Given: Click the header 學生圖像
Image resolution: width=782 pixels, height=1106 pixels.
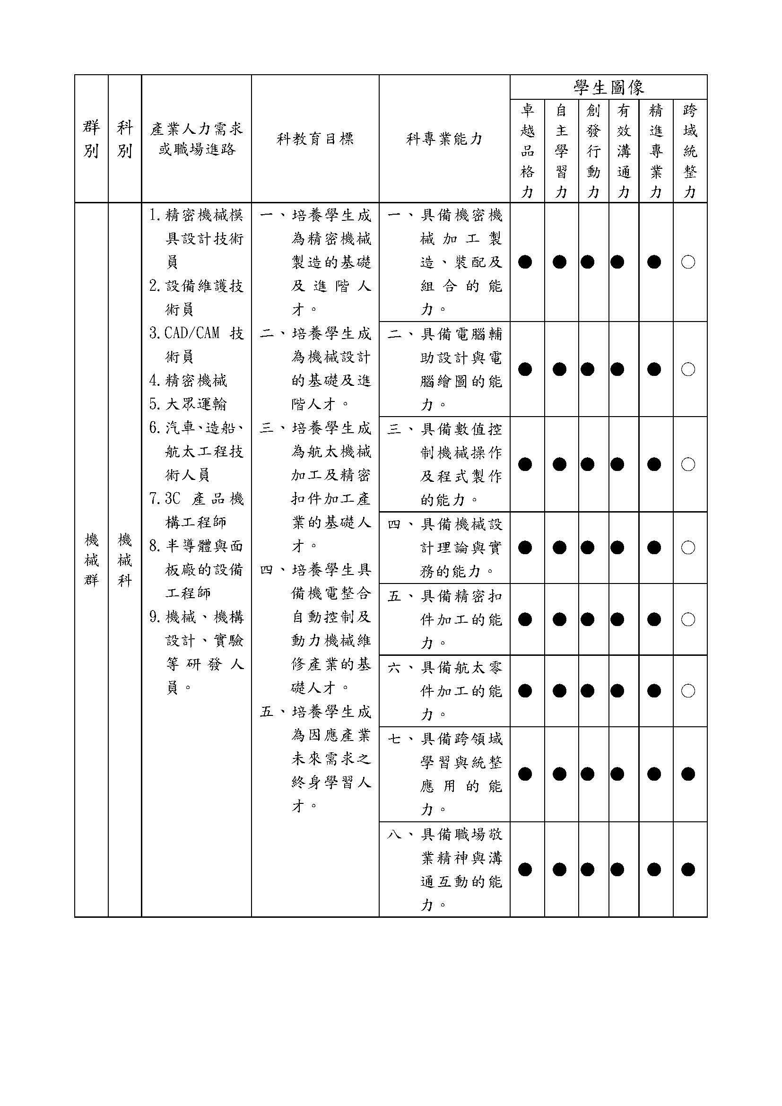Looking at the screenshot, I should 608,87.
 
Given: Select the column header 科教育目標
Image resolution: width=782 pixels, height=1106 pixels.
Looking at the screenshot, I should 315,139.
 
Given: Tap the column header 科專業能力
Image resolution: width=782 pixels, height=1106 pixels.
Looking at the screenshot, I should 444,139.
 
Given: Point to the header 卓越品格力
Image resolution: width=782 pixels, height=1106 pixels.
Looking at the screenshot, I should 527,151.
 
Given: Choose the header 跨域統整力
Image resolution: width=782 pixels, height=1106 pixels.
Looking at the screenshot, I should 690,151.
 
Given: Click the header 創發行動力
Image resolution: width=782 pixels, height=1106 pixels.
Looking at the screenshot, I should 593,151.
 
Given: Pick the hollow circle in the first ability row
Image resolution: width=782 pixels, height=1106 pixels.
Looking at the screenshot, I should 688,262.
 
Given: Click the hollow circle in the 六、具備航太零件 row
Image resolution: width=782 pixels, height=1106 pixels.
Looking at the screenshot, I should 688,691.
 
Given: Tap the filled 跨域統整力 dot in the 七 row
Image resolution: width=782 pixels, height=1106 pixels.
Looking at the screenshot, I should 688,774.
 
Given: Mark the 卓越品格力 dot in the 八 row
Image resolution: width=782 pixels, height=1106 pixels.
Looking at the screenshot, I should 525,870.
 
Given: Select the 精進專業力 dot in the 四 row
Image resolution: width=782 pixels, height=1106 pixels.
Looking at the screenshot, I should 654,547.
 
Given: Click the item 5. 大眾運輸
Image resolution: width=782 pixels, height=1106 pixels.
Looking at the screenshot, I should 188,404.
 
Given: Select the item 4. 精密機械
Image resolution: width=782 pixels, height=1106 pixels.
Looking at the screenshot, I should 188,381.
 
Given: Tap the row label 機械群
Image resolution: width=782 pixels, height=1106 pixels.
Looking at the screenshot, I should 92,560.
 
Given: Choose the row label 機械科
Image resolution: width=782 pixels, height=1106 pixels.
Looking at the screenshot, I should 125,560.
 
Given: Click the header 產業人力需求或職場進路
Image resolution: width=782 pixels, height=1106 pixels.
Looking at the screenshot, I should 197,139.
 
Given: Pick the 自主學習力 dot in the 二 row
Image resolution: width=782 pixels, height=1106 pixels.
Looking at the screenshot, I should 559,369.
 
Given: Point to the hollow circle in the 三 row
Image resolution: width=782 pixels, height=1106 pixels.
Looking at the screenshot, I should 688,464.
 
